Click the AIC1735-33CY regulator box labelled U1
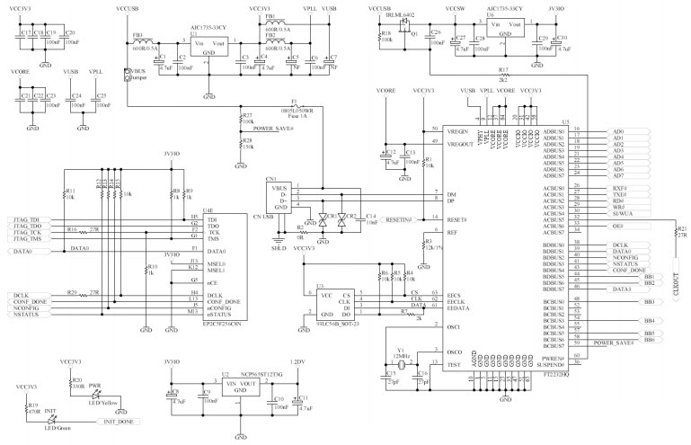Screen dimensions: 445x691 [x=208, y=48]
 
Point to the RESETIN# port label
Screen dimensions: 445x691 [x=393, y=219]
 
